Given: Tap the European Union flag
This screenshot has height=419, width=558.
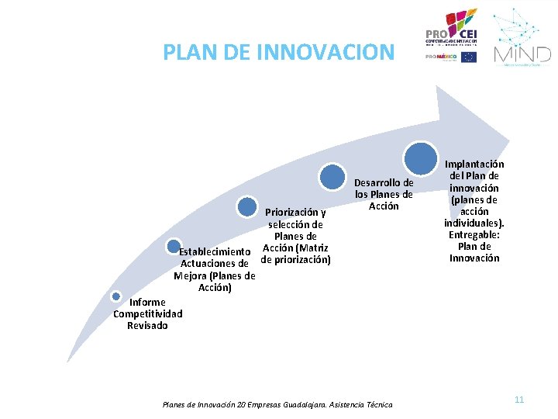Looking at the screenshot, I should pyautogui.click(x=469, y=57).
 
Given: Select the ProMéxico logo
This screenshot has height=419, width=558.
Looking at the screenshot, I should pyautogui.click(x=441, y=57).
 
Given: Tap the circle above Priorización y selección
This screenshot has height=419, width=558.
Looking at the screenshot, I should pyautogui.click(x=246, y=207).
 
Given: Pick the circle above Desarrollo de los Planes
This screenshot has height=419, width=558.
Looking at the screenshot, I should pyautogui.click(x=333, y=177).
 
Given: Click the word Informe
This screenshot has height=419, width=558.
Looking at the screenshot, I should pyautogui.click(x=147, y=303).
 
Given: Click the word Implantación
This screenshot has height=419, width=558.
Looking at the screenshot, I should pyautogui.click(x=474, y=164).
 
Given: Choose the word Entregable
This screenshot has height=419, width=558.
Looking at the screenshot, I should pyautogui.click(x=473, y=234).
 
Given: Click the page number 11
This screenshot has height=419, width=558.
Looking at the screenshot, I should pyautogui.click(x=519, y=400).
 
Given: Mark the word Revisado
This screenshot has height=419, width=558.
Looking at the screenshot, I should pyautogui.click(x=147, y=326).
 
